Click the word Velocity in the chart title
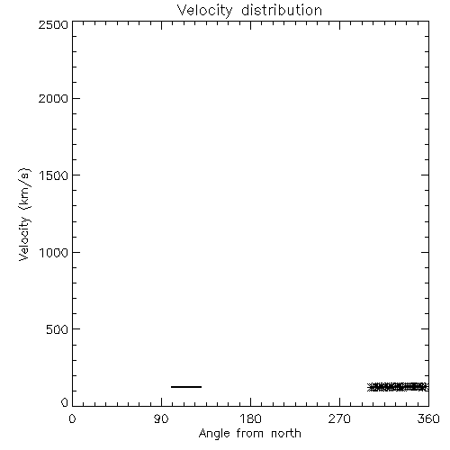(205, 11)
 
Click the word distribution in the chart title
(282, 10)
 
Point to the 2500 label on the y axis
(53, 24)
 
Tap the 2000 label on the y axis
(53, 98)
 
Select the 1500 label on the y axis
(54, 175)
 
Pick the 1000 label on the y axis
(54, 253)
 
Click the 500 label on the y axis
(58, 329)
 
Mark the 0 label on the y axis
(65, 402)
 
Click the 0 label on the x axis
(72, 418)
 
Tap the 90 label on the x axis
(161, 418)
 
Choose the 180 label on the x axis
(250, 418)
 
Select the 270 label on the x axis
(339, 418)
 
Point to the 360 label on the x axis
(428, 418)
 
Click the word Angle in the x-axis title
(214, 435)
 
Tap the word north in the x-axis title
(286, 433)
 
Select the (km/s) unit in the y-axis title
(24, 189)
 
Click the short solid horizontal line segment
(186, 387)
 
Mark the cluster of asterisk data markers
(398, 387)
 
